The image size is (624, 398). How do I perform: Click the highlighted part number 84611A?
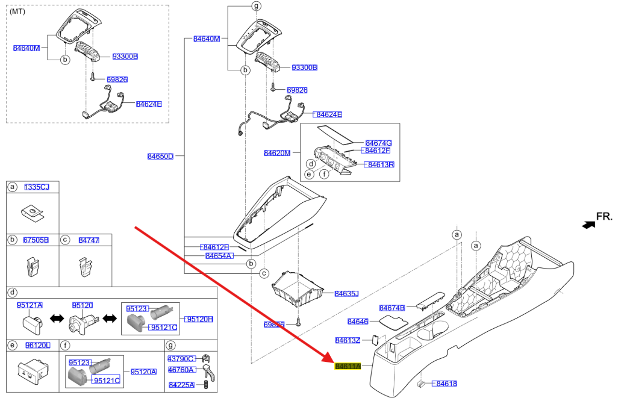pyautogui.click(x=348, y=366)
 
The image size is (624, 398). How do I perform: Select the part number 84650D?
pyautogui.click(x=160, y=157)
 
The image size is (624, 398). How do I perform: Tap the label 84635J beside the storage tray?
pyautogui.click(x=346, y=294)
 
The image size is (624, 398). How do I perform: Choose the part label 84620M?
pyautogui.click(x=277, y=153)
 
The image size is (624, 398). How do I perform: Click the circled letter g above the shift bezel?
pyautogui.click(x=257, y=6)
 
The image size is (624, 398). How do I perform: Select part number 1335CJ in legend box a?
pyautogui.click(x=37, y=187)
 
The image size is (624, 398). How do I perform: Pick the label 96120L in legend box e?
pyautogui.click(x=37, y=345)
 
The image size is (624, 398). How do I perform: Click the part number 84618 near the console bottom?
pyautogui.click(x=446, y=384)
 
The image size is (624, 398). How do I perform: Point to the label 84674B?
pyautogui.click(x=392, y=308)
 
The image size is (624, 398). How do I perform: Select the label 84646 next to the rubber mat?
pyautogui.click(x=358, y=322)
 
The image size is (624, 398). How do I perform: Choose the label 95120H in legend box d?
pyautogui.click(x=199, y=319)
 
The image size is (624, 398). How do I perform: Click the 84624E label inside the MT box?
pyautogui.click(x=148, y=104)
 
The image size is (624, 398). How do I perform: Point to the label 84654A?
pyautogui.click(x=219, y=256)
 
